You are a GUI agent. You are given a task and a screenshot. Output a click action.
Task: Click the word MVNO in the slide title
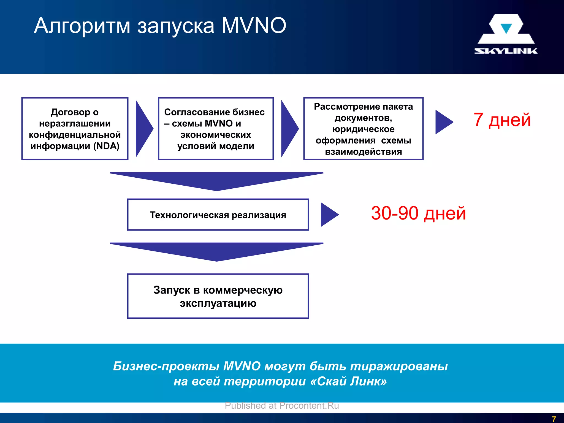coord(254,26)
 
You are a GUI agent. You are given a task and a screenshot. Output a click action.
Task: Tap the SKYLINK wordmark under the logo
coord(506,51)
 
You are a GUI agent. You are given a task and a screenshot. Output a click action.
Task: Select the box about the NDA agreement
coord(75,129)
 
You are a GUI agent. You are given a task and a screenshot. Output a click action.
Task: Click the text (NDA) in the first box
coord(106,146)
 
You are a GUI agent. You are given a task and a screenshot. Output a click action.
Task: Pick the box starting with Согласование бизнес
coord(216,129)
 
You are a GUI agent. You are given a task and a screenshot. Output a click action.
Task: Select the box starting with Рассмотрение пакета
coord(363,129)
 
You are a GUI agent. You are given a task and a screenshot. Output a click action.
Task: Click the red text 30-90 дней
coord(418,213)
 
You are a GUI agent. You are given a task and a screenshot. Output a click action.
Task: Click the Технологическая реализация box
coord(218,215)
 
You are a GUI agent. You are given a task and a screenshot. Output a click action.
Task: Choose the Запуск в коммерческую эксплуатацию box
coord(218,296)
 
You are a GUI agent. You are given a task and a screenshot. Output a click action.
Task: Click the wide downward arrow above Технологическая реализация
coord(216,180)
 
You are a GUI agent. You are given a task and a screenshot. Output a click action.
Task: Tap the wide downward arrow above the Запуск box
coord(216,251)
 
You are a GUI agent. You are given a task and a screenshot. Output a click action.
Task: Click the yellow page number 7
coord(554,419)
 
